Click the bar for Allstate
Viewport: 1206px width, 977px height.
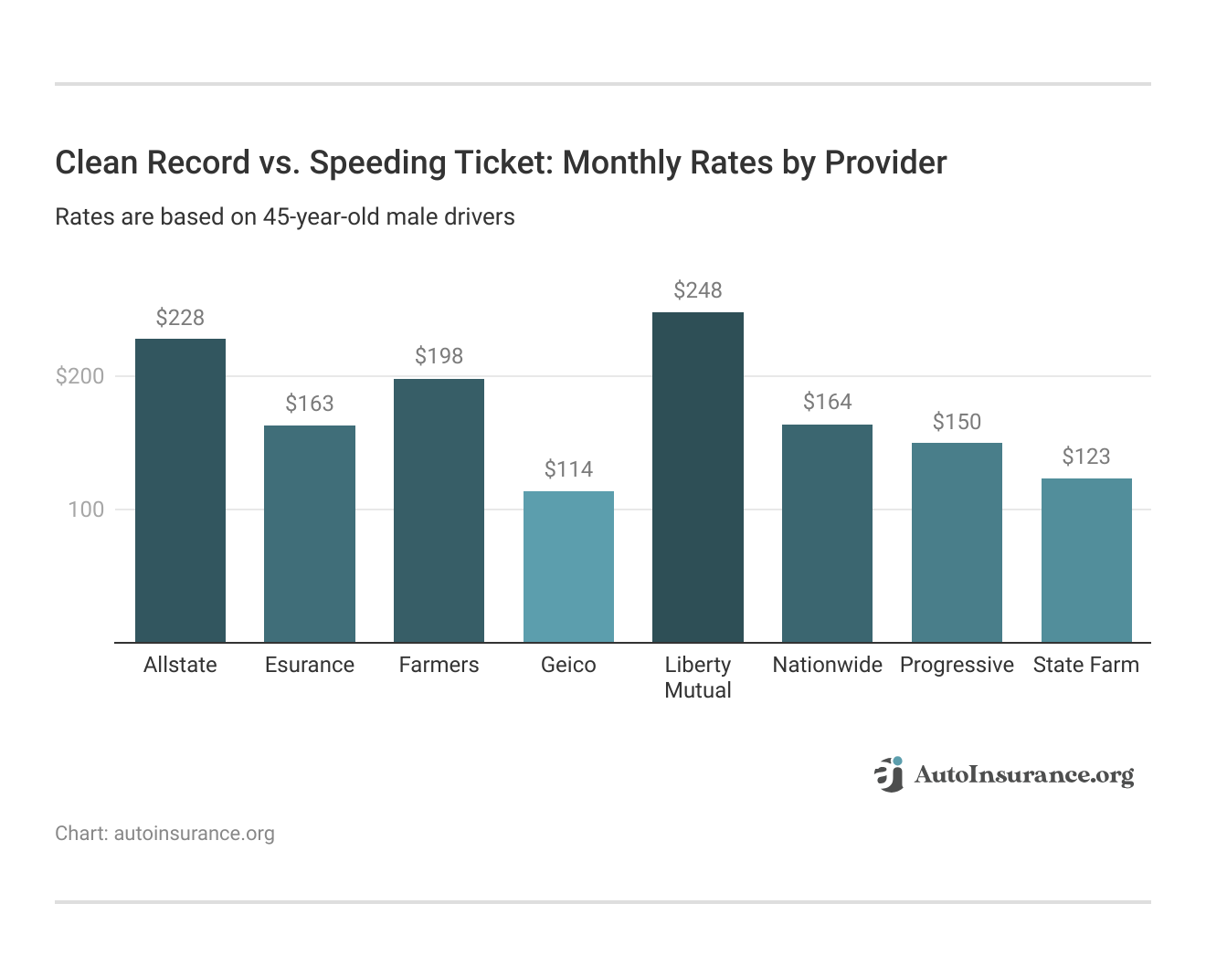click(180, 490)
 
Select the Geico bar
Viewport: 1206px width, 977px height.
click(568, 566)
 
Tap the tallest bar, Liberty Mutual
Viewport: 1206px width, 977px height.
click(698, 477)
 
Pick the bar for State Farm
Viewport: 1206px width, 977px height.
click(1086, 560)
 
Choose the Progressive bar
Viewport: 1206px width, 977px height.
click(957, 542)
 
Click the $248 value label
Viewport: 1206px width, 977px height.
click(698, 290)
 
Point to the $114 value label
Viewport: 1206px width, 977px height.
click(568, 469)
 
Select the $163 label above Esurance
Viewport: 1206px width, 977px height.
click(310, 404)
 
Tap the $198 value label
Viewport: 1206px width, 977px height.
click(439, 356)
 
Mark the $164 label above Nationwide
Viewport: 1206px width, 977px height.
click(827, 402)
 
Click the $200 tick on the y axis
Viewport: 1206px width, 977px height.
click(80, 376)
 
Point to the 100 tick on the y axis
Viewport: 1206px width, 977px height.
click(86, 510)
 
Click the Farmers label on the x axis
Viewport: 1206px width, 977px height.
click(439, 665)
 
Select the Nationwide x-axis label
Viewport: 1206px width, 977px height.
click(827, 665)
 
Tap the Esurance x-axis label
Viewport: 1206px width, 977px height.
click(310, 665)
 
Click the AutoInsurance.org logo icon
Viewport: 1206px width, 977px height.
click(889, 774)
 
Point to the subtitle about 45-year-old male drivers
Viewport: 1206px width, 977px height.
click(285, 217)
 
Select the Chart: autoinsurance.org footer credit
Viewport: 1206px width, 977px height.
click(164, 834)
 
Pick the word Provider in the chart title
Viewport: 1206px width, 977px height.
click(885, 163)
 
